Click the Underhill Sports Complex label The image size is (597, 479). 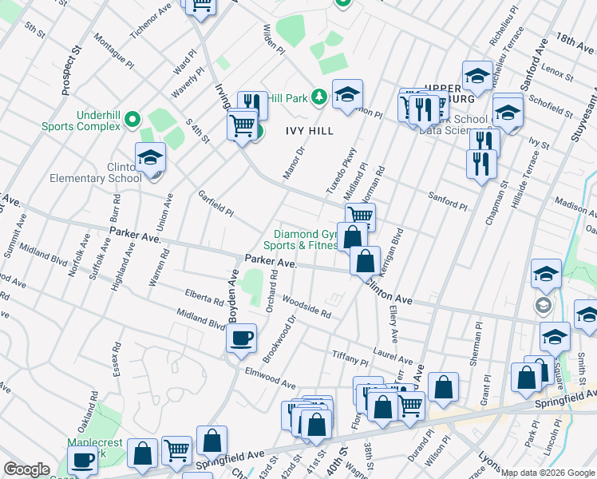[97, 121]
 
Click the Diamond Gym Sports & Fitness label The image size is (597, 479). [306, 240]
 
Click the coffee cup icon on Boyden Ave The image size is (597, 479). [240, 338]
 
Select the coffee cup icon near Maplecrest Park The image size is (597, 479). [82, 460]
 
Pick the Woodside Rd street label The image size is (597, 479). [306, 308]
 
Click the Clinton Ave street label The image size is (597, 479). [389, 291]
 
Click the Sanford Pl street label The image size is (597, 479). [447, 200]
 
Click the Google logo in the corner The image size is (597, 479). [26, 469]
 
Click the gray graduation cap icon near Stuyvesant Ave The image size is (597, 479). [543, 305]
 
